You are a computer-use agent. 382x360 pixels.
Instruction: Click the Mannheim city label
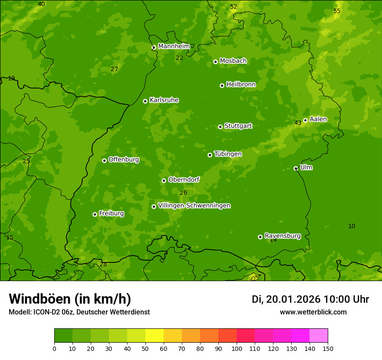pyautogui.click(x=174, y=46)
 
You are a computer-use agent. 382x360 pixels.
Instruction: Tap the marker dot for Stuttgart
pyautogui.click(x=220, y=127)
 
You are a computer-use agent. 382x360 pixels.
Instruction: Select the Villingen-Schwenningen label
pyautogui.click(x=194, y=206)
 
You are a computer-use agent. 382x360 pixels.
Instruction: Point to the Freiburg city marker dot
pyautogui.click(x=95, y=214)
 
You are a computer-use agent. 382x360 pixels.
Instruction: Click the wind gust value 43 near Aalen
pyautogui.click(x=298, y=123)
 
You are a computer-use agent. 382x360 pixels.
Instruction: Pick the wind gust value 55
pyautogui.click(x=337, y=11)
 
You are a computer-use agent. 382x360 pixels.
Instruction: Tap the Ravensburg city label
pyautogui.click(x=282, y=236)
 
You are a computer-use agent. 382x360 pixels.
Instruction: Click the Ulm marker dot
pyautogui.click(x=296, y=168)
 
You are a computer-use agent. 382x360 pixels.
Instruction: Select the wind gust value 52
pyautogui.click(x=234, y=7)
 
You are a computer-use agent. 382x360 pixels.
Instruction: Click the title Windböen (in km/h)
pyautogui.click(x=70, y=299)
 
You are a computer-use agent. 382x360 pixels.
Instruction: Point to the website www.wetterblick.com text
pyautogui.click(x=313, y=312)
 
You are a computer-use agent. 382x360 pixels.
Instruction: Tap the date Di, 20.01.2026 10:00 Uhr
pyautogui.click(x=310, y=299)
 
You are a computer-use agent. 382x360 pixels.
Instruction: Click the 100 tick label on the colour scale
pyautogui.click(x=237, y=348)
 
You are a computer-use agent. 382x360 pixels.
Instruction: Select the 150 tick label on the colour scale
pyautogui.click(x=328, y=348)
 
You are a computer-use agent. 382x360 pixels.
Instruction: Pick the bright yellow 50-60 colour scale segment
pyautogui.click(x=155, y=336)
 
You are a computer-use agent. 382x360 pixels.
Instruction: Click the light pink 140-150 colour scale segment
pyautogui.click(x=319, y=336)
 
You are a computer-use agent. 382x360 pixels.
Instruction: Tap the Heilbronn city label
pyautogui.click(x=241, y=85)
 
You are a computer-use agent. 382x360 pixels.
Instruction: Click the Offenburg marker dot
pyautogui.click(x=104, y=160)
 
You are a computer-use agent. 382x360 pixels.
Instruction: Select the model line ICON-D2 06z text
pyautogui.click(x=79, y=312)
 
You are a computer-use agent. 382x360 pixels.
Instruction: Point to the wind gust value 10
pyautogui.click(x=352, y=226)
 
